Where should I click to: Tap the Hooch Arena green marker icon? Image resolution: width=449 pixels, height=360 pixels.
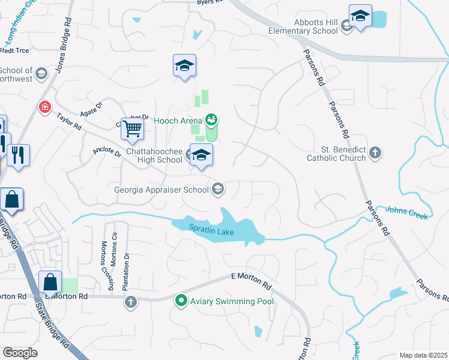pos(211,120)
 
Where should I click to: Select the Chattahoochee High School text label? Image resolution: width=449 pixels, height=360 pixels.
pos(154,155)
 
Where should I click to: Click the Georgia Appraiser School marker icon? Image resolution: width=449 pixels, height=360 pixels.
pos(218,189)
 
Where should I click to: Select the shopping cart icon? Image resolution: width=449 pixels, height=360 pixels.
pos(132,128)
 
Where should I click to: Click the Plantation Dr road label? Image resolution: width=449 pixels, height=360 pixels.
pos(126,272)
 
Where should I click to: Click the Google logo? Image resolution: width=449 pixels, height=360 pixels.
pos(20,353)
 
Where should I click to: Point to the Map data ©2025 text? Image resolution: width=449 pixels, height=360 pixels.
pos(423,355)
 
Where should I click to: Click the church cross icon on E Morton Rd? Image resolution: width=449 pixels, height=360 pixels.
pos(131,302)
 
